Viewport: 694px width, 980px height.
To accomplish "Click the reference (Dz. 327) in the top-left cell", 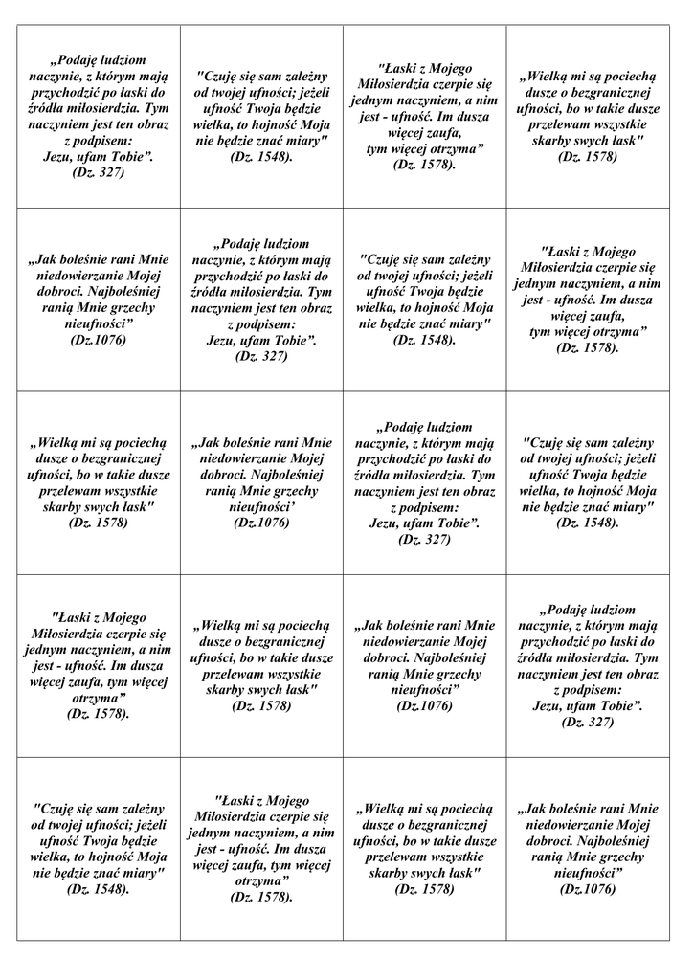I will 99,173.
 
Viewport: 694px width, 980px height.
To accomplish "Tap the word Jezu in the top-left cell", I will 63,157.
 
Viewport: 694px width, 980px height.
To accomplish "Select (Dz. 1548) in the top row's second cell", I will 261,157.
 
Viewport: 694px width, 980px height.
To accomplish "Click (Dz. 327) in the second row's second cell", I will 261,356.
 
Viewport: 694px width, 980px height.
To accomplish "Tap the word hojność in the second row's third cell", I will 437,307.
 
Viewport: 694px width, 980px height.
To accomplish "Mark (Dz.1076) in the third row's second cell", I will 261,523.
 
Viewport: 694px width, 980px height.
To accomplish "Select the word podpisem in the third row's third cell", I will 433,507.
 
